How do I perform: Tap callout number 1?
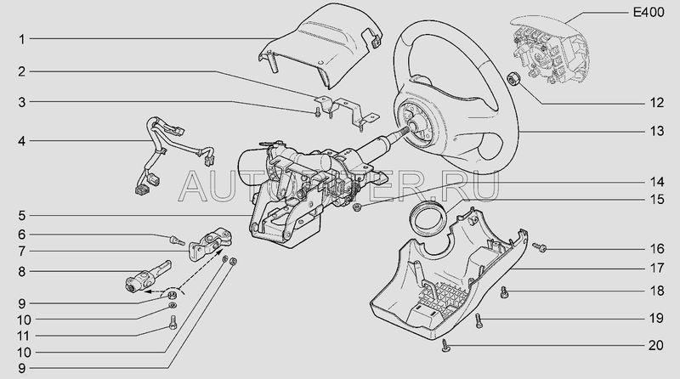tap(22, 39)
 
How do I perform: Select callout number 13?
tap(656, 132)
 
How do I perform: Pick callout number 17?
tap(656, 269)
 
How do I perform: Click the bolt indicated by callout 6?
tap(177, 240)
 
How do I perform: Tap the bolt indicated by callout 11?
tap(173, 323)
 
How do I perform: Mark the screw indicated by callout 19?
tap(478, 320)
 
